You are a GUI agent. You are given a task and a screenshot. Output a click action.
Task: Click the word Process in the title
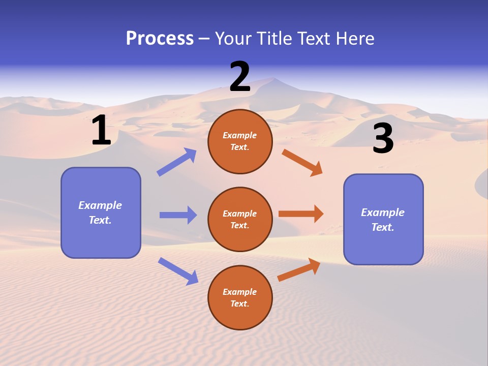click(160, 39)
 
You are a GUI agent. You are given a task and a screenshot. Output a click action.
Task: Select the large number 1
click(101, 131)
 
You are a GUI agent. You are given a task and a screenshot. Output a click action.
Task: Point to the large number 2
click(240, 77)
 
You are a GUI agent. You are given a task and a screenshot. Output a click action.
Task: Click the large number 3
click(383, 139)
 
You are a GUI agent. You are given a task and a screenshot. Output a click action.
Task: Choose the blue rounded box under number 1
click(101, 212)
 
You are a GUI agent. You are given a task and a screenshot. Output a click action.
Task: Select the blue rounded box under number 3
click(383, 219)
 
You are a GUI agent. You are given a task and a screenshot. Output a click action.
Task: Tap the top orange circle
click(240, 141)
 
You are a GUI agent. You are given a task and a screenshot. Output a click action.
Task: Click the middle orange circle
click(240, 219)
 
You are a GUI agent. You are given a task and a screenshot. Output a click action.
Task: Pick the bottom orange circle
click(240, 297)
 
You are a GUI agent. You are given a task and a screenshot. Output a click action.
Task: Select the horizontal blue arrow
click(178, 215)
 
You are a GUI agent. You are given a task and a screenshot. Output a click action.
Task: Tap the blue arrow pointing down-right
click(178, 271)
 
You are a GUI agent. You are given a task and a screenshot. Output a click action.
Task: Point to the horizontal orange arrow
click(301, 214)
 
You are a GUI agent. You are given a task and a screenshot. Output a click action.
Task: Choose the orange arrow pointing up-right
click(299, 269)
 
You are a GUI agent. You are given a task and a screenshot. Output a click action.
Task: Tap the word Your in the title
click(232, 39)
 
